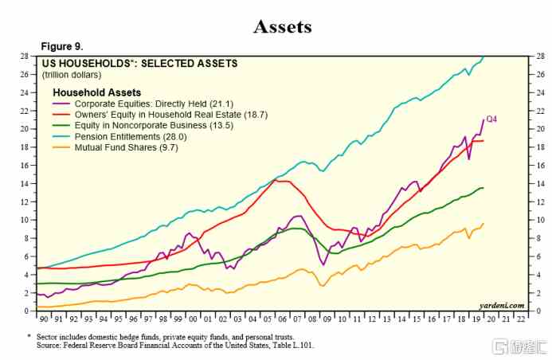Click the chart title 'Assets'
click(283, 26)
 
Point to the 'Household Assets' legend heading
click(96, 92)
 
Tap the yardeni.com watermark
click(502, 304)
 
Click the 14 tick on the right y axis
click(540, 184)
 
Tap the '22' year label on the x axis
click(521, 318)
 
